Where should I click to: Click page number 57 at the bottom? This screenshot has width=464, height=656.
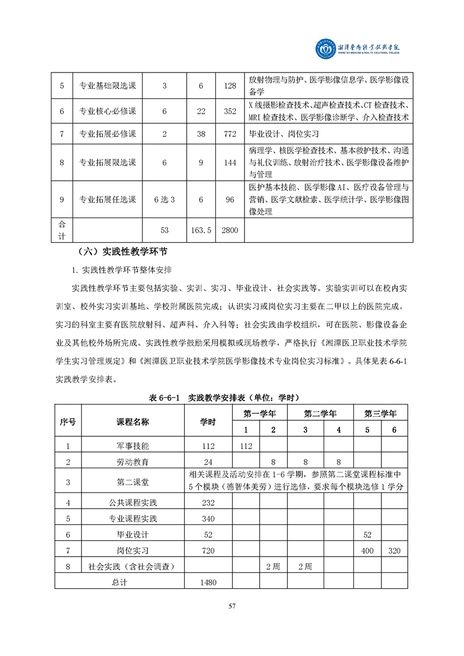point(232,606)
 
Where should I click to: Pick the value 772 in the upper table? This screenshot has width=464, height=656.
point(230,134)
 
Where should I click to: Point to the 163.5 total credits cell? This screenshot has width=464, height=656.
point(201,230)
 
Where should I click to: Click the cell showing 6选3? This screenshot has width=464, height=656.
point(164,199)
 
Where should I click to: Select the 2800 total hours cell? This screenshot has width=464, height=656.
point(230,230)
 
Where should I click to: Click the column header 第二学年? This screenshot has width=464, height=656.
point(320,413)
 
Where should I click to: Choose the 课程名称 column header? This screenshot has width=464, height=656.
point(133,422)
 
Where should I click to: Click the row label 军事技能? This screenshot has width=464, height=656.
point(133,446)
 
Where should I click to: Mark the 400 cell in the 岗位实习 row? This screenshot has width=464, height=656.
point(367,551)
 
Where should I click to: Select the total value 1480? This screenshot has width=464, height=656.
point(208,582)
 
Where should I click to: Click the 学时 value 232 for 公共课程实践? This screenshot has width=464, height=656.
point(208,502)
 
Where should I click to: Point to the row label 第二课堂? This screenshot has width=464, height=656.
point(133,482)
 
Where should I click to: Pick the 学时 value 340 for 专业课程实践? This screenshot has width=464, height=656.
point(208,519)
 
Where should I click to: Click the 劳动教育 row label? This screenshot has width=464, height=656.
point(133,462)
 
